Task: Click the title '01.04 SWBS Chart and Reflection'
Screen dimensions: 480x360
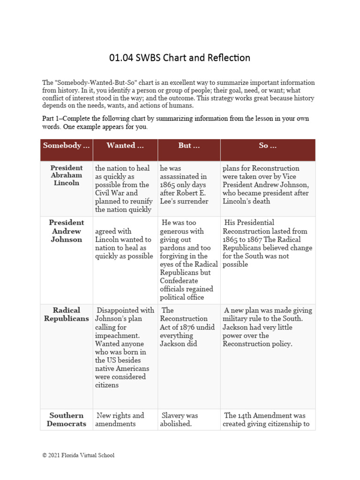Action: (x=180, y=58)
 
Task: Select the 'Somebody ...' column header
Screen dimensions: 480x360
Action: (x=66, y=145)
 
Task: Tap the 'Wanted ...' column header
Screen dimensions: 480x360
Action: (x=125, y=145)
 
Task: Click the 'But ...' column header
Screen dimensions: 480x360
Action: (x=189, y=145)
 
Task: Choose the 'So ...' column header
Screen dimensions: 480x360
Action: (x=268, y=145)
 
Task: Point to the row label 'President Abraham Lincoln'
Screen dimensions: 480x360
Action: (x=66, y=175)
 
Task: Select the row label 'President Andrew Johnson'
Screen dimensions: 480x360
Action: (x=66, y=231)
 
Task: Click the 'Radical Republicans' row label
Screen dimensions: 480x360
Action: (x=66, y=315)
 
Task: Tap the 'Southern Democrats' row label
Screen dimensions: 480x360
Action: (x=66, y=420)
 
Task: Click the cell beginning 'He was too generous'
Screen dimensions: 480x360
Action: (x=189, y=260)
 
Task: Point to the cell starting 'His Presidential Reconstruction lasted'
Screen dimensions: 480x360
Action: (x=267, y=243)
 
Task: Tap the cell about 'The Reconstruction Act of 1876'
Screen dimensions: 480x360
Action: (x=184, y=327)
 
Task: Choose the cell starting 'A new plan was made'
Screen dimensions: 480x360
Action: (x=267, y=327)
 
